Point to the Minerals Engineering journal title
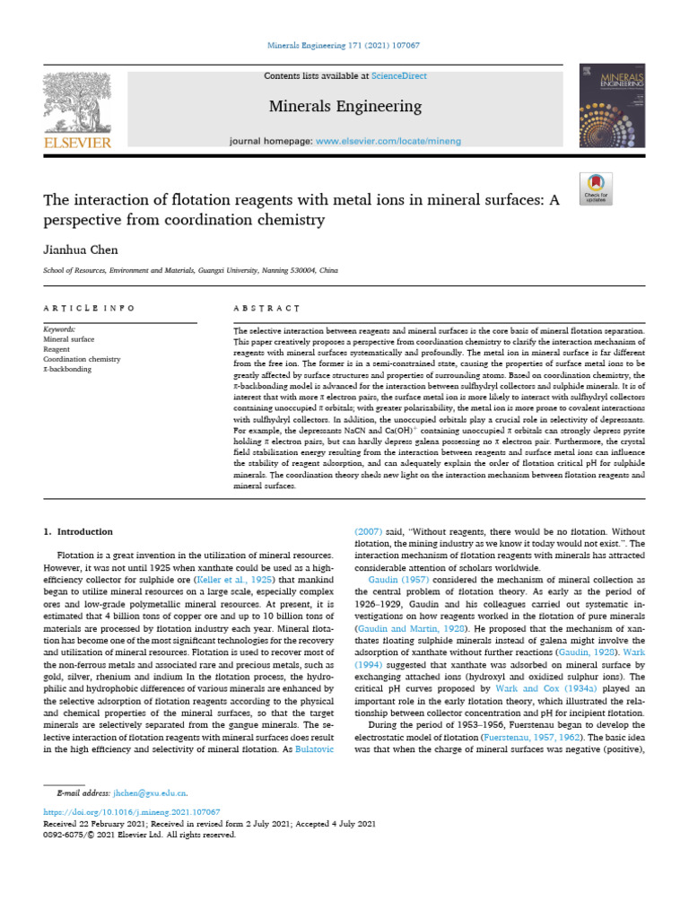[345, 107]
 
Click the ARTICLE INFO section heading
[89, 308]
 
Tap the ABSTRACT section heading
[266, 308]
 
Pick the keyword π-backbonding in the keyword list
[67, 369]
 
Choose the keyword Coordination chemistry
[82, 359]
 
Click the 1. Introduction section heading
[79, 531]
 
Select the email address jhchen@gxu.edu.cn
[150, 793]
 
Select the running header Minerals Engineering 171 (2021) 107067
[344, 45]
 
